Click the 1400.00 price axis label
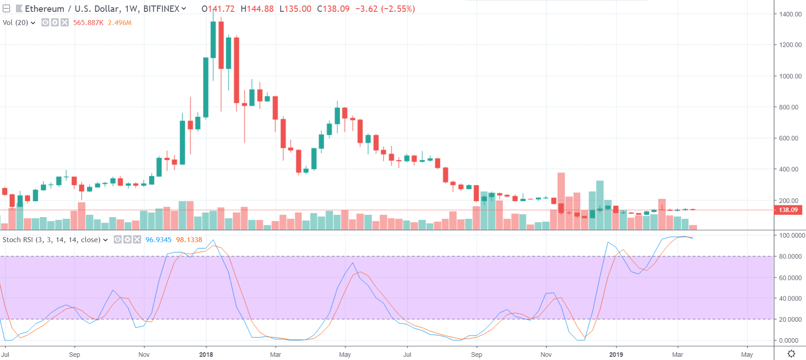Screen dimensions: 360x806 click(x=790, y=14)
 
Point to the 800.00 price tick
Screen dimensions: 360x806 click(x=789, y=107)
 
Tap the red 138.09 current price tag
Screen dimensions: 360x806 click(x=788, y=210)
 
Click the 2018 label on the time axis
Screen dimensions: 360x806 click(x=206, y=355)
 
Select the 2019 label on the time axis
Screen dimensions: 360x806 click(x=616, y=355)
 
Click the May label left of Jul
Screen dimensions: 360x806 click(x=345, y=355)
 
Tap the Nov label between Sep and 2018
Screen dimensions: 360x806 click(x=144, y=355)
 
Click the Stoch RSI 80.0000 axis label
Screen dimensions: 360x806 click(x=790, y=257)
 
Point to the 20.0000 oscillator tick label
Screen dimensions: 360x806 click(x=790, y=319)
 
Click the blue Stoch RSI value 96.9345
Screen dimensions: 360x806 click(x=158, y=240)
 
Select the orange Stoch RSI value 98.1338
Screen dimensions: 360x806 click(x=189, y=240)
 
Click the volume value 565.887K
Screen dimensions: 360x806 click(x=88, y=23)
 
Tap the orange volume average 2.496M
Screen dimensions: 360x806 click(x=120, y=23)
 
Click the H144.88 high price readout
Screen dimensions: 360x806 click(x=257, y=9)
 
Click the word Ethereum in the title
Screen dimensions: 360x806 click(x=45, y=9)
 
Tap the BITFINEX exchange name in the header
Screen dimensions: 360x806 click(x=161, y=9)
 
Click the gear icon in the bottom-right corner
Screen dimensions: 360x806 click(x=791, y=354)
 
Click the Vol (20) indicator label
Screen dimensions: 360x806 click(x=15, y=23)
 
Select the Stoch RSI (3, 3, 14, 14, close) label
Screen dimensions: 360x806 click(x=51, y=240)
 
